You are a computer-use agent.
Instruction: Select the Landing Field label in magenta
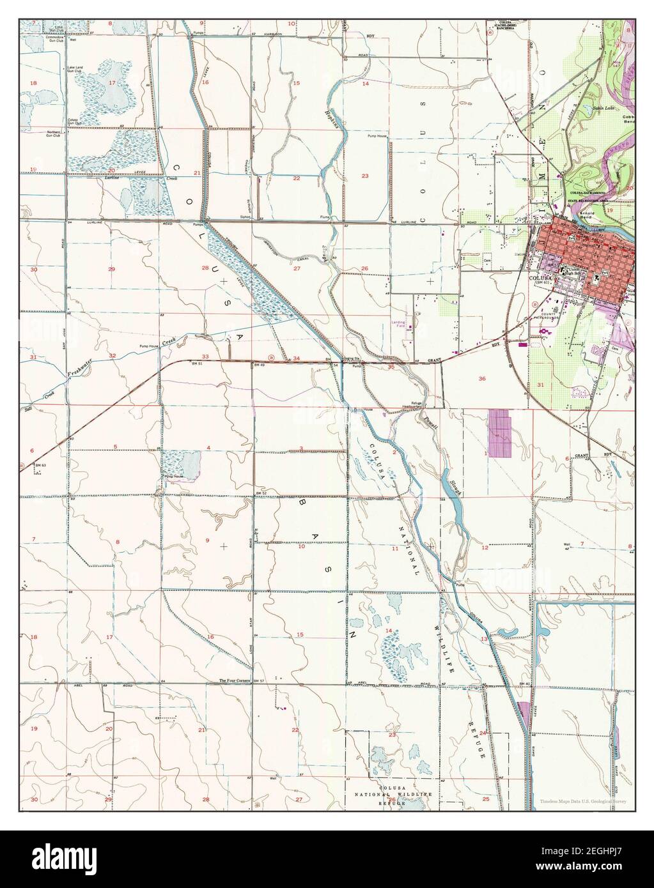pyautogui.click(x=400, y=324)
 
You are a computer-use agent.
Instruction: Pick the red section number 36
pyautogui.click(x=481, y=379)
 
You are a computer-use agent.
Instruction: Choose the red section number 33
pyautogui.click(x=205, y=356)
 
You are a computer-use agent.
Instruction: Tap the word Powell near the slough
pyautogui.click(x=426, y=422)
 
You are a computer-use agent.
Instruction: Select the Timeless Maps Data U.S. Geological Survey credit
pyautogui.click(x=586, y=800)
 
